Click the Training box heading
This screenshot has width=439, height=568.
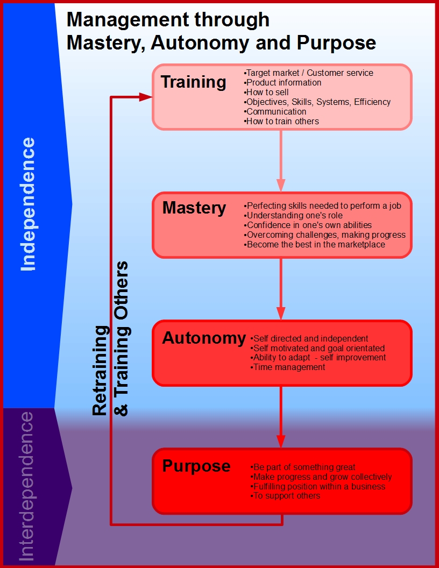[x=194, y=82]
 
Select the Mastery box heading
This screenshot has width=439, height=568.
[x=194, y=208]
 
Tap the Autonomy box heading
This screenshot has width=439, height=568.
[x=204, y=338]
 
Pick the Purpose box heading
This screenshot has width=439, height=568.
[x=196, y=466]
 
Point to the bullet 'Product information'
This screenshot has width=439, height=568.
[x=283, y=82]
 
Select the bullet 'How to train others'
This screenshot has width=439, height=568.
[x=282, y=121]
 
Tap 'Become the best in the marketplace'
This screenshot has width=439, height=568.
[x=315, y=244]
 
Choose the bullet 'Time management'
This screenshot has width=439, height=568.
[x=288, y=367]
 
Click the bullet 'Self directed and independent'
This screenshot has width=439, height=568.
[x=310, y=338]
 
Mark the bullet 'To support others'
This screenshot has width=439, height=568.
[x=286, y=495]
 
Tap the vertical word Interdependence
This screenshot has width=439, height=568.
[x=26, y=487]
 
